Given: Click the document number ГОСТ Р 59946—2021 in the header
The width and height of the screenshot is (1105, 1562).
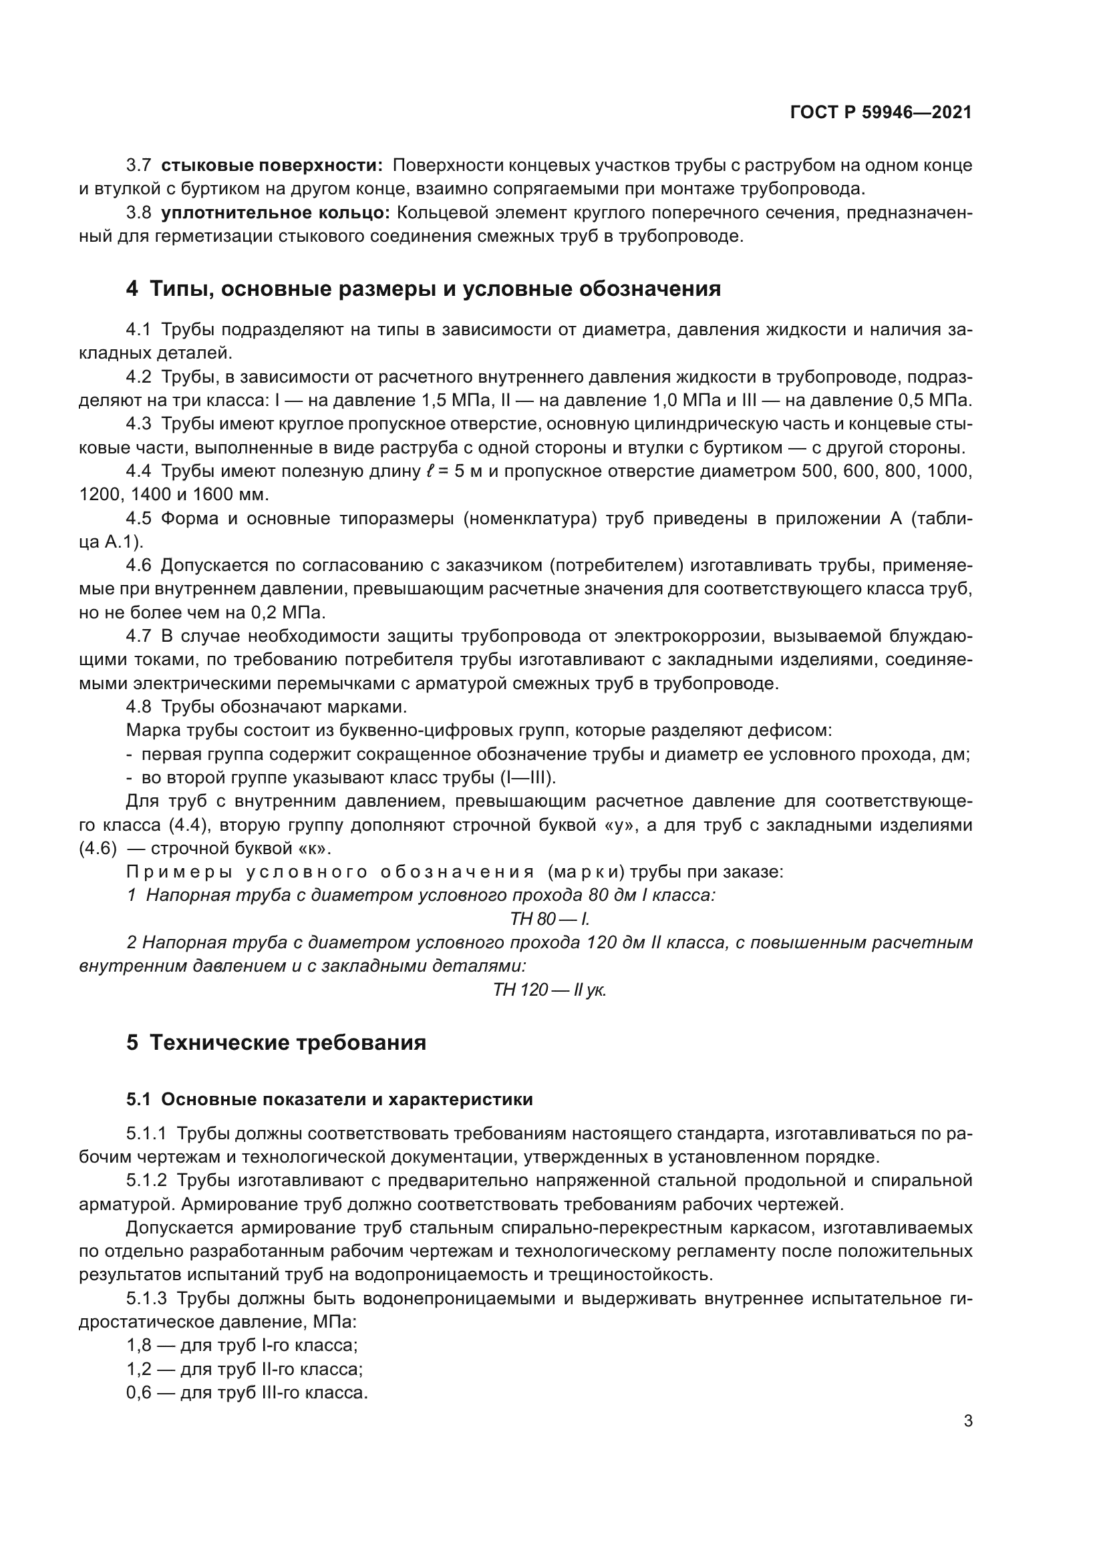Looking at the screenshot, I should [x=881, y=113].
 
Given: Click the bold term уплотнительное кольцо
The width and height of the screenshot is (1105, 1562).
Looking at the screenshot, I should [x=275, y=213].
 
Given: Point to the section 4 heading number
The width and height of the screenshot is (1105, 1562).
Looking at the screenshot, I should [x=132, y=289].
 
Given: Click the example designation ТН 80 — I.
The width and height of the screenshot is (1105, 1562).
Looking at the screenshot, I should [x=550, y=919].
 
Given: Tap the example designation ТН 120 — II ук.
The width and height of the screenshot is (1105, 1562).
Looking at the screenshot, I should [x=550, y=990].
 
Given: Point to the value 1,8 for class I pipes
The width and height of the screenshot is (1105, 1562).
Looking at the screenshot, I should [x=138, y=1345].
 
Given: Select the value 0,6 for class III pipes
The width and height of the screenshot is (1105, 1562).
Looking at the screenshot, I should [x=138, y=1392].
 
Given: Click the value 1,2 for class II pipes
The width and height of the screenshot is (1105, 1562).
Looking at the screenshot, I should [x=138, y=1369].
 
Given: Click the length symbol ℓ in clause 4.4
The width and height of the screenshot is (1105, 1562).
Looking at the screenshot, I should [x=427, y=471].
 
